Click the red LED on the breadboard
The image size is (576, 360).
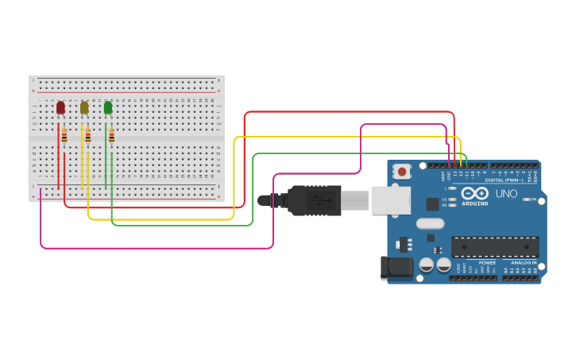pos(60,107)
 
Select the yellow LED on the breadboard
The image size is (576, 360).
pos(84,107)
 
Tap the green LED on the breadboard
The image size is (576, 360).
pos(108,107)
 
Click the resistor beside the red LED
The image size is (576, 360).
pos(64,136)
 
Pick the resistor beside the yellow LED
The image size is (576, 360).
pos(88,136)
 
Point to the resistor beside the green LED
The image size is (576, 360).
pos(111,136)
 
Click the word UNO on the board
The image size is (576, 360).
pos(506,193)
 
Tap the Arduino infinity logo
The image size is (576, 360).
pos(474,193)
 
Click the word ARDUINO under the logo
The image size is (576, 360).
pos(474,204)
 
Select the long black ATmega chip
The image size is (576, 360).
pos(494,247)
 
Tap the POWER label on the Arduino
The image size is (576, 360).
pos(487,262)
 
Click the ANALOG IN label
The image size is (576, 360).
pos(524,262)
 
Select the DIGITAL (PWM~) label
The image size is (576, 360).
pos(509,180)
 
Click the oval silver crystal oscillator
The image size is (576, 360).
pos(430,223)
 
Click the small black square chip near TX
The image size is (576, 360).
pos(432,203)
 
